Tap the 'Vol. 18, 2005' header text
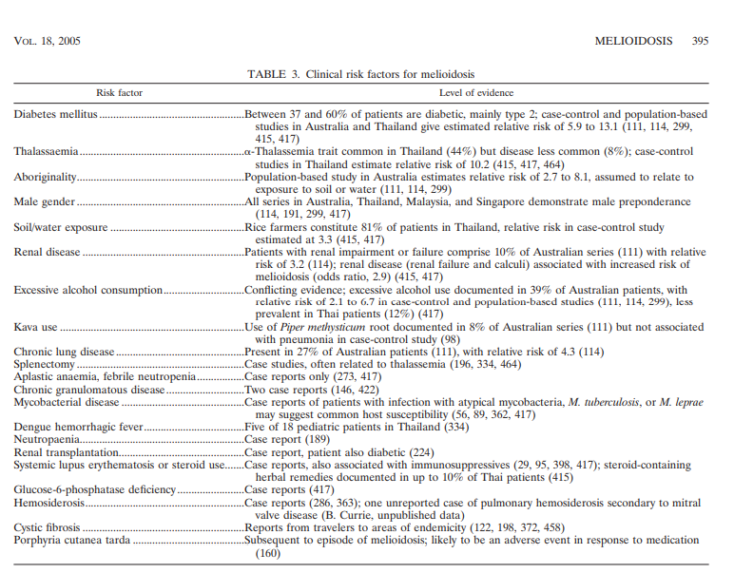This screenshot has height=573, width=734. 48,42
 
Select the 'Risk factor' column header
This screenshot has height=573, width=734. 119,93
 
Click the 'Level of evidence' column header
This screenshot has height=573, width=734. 476,93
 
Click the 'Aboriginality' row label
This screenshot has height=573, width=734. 45,177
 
